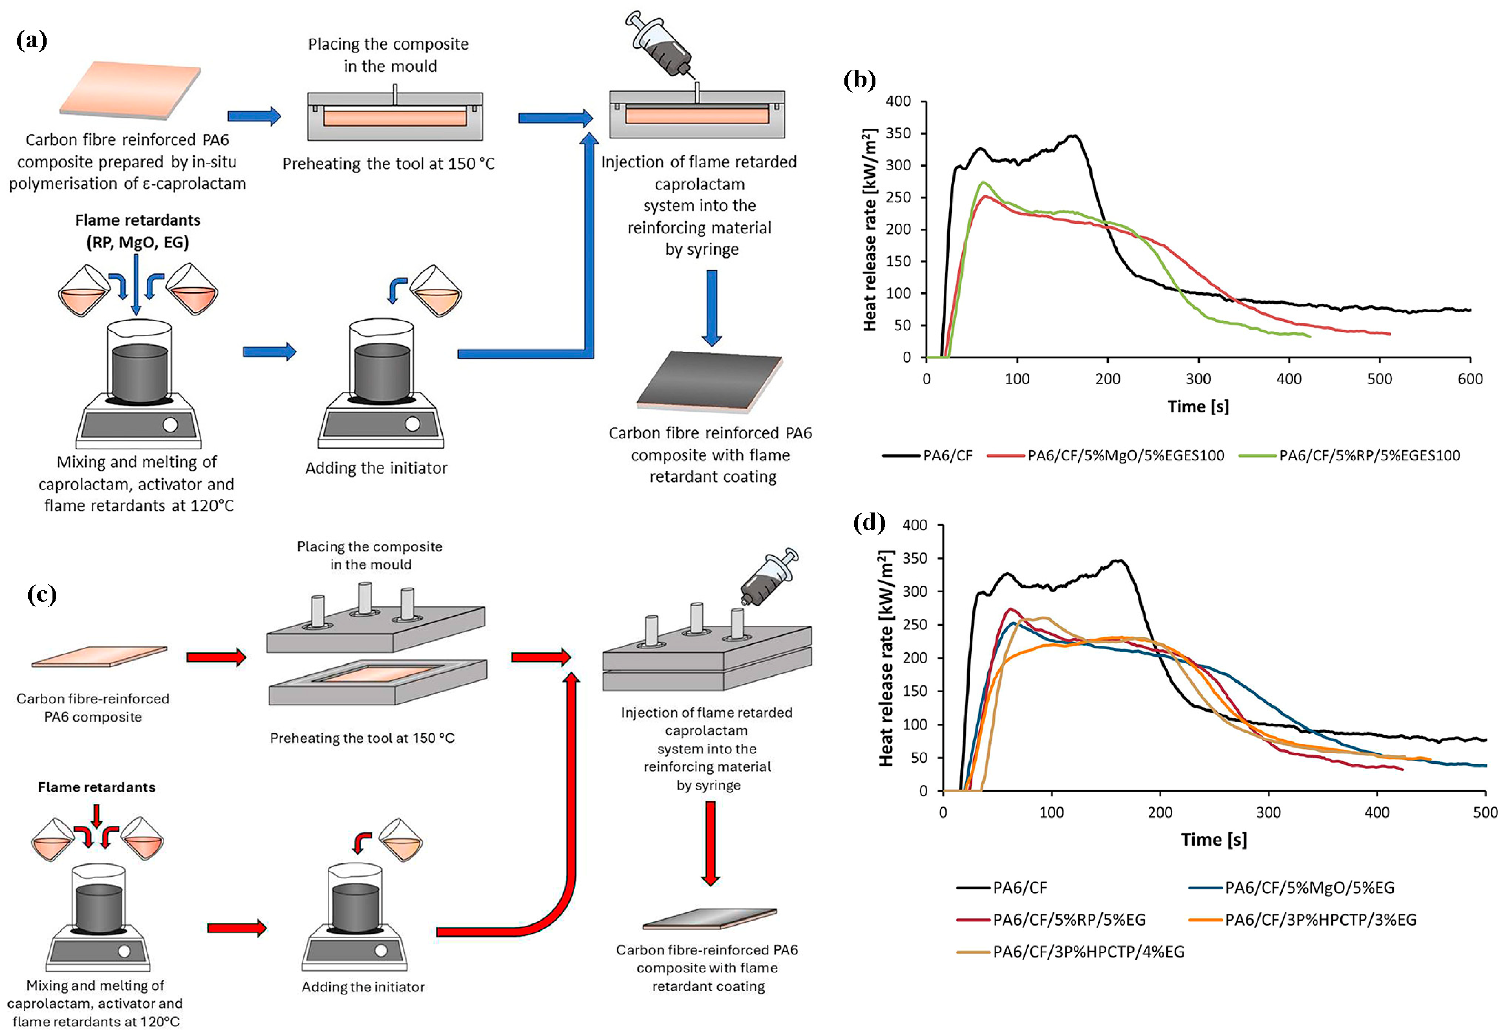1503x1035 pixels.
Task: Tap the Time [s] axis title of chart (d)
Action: (x=1213, y=840)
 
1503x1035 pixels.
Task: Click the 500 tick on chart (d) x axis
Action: (x=1485, y=812)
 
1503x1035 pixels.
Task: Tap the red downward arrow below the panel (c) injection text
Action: (x=711, y=843)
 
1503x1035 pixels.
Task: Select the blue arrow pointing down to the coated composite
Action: (x=711, y=308)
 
